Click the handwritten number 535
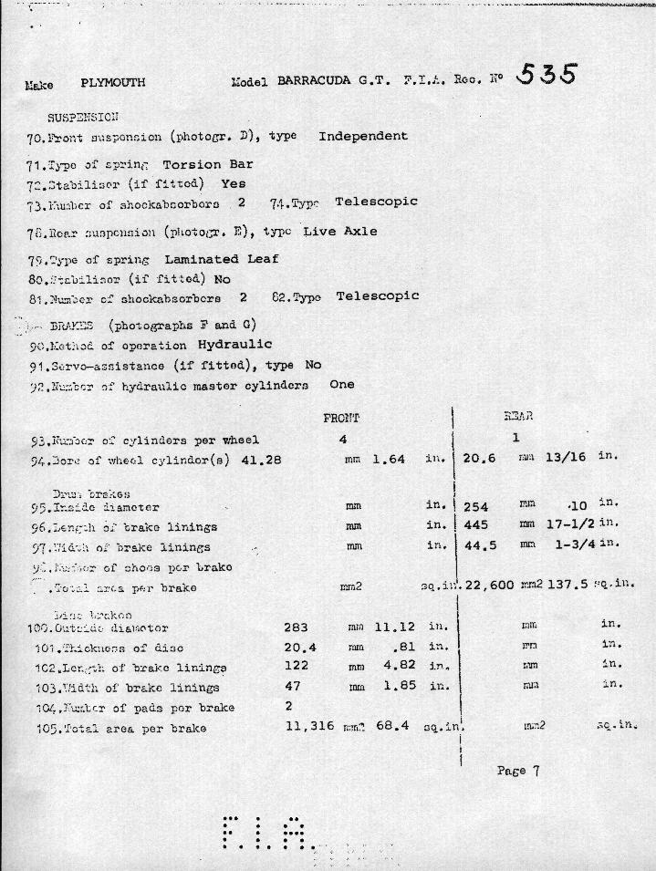546,75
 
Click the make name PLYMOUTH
113,83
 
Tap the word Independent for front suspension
363,136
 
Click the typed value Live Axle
340,232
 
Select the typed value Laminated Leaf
222,259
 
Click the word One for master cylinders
341,385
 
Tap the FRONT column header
341,418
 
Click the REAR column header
517,417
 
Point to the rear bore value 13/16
565,457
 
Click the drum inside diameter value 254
477,507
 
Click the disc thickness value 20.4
299,648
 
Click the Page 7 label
518,771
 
